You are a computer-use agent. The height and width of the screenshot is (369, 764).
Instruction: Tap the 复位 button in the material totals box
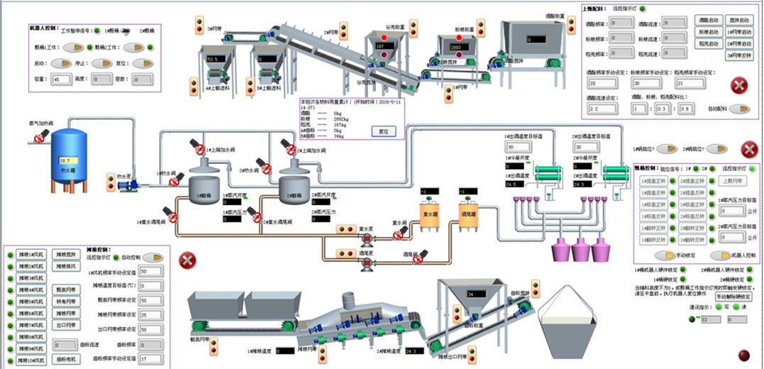coord(383,131)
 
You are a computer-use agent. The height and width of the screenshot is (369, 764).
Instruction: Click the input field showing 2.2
coord(601,109)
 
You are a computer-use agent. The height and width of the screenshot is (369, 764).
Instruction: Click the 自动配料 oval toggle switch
coord(741,109)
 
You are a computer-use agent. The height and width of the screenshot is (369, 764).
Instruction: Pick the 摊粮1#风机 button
coord(31,254)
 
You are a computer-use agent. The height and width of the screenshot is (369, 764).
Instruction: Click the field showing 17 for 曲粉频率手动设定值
coord(149,359)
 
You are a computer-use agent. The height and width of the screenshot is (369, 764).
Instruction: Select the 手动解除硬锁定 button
coord(733,297)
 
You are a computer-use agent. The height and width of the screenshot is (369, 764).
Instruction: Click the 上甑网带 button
coord(730,181)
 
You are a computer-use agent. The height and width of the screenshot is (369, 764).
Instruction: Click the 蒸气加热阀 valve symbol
coord(43,134)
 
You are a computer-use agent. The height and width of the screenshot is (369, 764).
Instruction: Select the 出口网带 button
coord(65,325)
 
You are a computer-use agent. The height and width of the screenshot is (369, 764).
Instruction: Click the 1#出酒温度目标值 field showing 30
coord(514,147)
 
